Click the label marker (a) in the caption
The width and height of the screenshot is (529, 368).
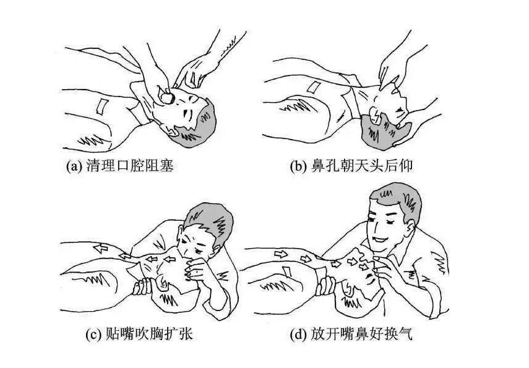click(74, 166)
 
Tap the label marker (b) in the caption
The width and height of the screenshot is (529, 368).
click(298, 166)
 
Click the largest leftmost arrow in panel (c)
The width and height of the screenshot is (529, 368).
click(100, 249)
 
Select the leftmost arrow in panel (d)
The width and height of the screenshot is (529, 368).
click(281, 254)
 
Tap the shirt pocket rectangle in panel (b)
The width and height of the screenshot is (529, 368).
click(313, 87)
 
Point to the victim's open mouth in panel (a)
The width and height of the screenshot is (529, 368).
click(167, 98)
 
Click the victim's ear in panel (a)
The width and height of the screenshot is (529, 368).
click(172, 131)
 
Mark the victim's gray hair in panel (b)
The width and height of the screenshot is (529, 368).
click(385, 132)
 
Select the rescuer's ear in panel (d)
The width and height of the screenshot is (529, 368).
click(410, 228)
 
